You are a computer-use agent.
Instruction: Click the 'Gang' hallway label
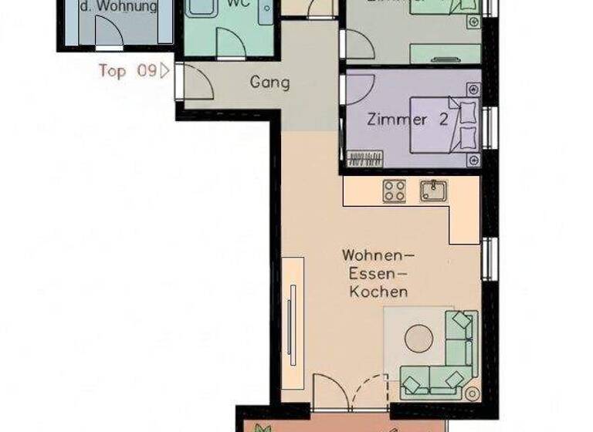[270, 83]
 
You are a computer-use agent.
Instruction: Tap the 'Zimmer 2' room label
[397, 120]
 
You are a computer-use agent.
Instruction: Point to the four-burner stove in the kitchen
[395, 191]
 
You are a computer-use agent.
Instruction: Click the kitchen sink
[434, 190]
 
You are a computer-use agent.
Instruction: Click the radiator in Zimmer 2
[365, 159]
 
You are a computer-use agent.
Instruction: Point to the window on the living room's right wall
[488, 258]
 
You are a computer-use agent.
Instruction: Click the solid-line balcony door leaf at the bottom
[330, 389]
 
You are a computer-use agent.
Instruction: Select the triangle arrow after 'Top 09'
[164, 72]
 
